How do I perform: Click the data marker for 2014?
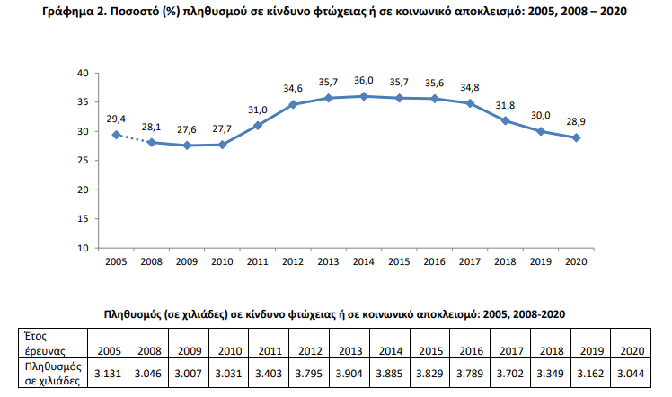[x=363, y=96]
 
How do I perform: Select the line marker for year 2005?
[x=116, y=135]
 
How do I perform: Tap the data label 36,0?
[x=363, y=81]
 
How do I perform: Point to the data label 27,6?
[x=187, y=130]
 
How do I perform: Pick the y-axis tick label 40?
[x=83, y=73]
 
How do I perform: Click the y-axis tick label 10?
[x=83, y=247]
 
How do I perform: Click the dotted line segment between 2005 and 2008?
[x=133, y=138]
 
